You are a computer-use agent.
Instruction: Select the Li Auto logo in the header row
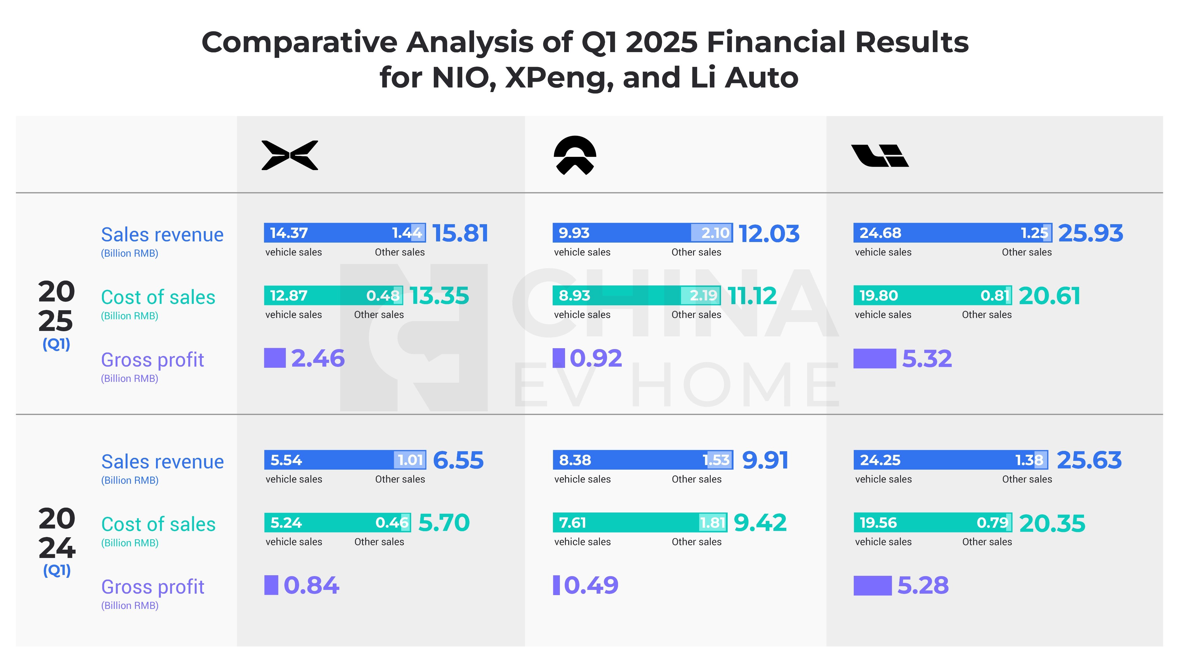coord(880,156)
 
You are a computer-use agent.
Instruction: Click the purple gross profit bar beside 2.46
coord(275,358)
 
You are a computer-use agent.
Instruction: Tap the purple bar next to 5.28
coord(872,586)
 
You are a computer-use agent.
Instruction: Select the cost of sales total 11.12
coord(752,296)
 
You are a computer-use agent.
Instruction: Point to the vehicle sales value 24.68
coord(880,233)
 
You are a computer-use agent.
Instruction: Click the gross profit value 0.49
coord(591,585)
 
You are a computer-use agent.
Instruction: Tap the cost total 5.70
coord(444,523)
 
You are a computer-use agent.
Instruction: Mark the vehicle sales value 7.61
coord(572,523)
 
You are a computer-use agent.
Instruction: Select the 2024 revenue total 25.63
coord(1089,460)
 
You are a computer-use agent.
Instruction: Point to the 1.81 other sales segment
coord(713,523)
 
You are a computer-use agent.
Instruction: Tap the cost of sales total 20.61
coord(1049,296)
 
